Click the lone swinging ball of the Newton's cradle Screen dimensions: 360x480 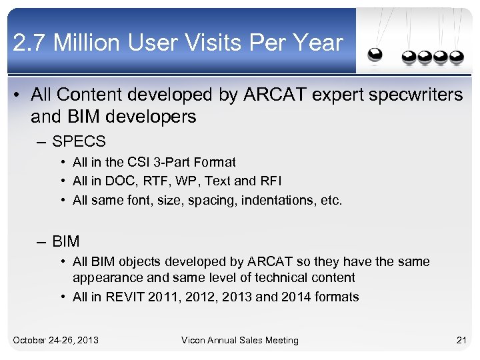(375, 55)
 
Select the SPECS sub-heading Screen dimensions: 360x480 (79, 141)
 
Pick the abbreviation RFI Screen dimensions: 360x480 (272, 181)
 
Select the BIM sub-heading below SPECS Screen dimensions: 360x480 (65, 241)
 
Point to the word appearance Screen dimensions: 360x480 (104, 277)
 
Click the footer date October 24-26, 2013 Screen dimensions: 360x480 (56, 340)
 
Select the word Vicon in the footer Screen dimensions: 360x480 (195, 340)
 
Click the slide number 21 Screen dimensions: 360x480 (461, 340)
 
